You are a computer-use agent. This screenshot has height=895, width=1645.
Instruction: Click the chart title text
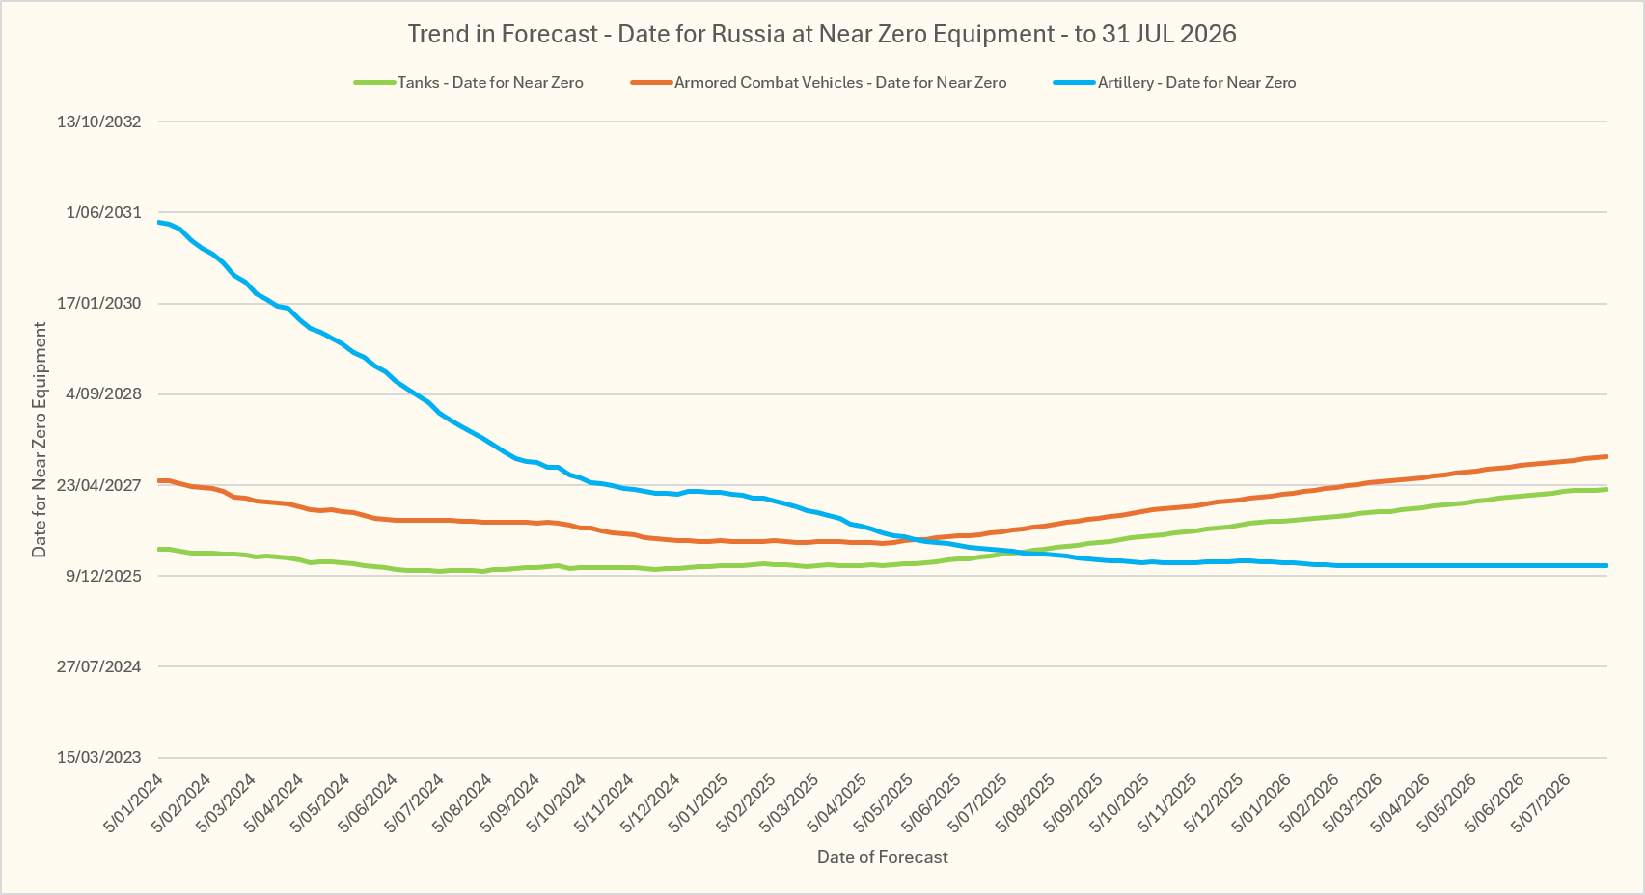(x=822, y=34)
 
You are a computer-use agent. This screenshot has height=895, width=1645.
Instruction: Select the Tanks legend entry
(x=469, y=82)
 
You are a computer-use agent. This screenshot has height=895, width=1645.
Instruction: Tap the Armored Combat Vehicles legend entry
(x=818, y=82)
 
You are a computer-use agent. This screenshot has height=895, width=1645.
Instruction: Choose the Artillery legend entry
(x=1175, y=82)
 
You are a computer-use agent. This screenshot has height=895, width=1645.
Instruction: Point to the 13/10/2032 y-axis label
(x=99, y=122)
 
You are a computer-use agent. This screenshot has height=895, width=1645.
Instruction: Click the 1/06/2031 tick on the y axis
(x=103, y=213)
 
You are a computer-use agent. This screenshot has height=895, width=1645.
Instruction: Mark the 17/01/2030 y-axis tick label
(x=99, y=303)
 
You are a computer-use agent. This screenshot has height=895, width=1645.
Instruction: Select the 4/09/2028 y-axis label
(x=103, y=394)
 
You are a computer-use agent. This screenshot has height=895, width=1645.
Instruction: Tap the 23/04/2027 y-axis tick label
(x=99, y=485)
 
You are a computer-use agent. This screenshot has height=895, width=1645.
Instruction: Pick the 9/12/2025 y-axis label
(x=103, y=577)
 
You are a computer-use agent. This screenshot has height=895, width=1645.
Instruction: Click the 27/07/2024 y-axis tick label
(x=99, y=666)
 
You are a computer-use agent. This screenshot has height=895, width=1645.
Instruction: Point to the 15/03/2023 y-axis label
(x=99, y=757)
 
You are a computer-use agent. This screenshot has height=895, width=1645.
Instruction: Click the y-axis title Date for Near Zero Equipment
(x=39, y=440)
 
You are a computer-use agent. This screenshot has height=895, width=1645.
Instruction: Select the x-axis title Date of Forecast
(x=883, y=856)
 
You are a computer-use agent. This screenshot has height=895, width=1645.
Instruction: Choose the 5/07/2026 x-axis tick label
(x=1541, y=803)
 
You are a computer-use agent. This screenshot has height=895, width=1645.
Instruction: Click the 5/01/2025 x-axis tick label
(x=698, y=803)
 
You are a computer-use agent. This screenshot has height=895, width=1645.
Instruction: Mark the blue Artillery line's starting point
(x=159, y=222)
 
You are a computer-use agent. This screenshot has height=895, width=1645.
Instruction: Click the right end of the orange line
(x=1606, y=457)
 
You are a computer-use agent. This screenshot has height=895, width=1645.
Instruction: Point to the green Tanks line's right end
(x=1606, y=489)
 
